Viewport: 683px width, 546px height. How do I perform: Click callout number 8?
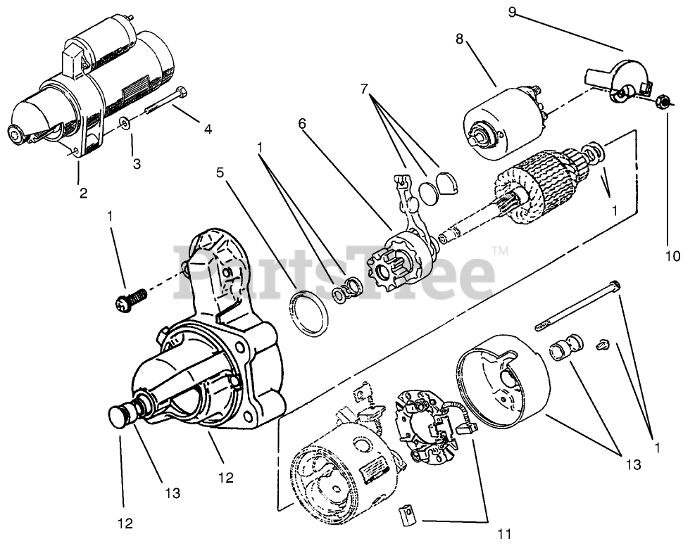tap(459, 39)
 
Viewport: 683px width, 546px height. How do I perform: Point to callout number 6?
tap(302, 124)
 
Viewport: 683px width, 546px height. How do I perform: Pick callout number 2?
tap(83, 192)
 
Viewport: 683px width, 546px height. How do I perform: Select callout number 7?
tap(363, 89)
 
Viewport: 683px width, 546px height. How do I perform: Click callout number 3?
tap(137, 163)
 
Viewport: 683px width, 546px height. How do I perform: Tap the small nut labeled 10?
tap(661, 103)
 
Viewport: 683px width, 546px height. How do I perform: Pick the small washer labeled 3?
tap(125, 124)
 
